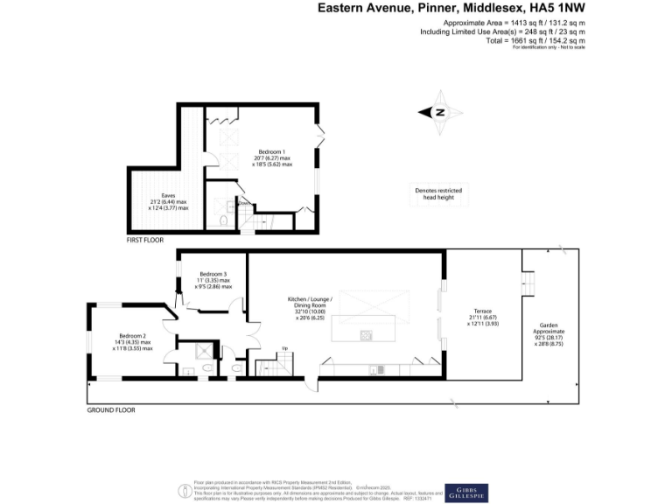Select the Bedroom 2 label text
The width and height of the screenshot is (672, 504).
[133, 336]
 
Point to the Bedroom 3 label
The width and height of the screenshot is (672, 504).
[213, 274]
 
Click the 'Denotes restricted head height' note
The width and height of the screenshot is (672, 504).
[438, 194]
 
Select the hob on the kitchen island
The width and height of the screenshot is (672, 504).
[364, 334]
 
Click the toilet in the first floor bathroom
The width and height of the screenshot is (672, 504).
[225, 221]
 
